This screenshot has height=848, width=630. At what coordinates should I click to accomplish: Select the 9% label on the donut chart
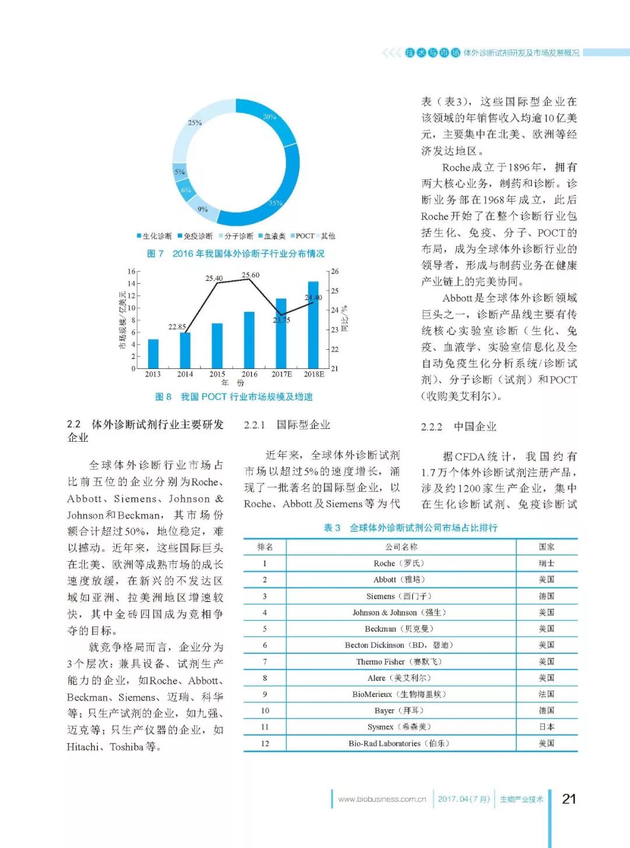[x=202, y=209]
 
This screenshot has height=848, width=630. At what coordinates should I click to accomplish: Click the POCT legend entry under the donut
[x=304, y=236]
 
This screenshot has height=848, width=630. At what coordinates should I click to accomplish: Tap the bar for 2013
[x=153, y=353]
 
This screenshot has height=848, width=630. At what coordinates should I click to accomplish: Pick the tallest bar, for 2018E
[x=313, y=325]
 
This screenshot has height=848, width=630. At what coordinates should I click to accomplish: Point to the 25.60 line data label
[x=251, y=275]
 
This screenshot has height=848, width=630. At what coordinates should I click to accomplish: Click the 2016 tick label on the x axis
[x=249, y=374]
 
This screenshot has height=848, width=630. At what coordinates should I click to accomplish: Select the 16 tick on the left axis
[x=131, y=272]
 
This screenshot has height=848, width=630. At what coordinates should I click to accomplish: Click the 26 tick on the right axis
[x=334, y=272]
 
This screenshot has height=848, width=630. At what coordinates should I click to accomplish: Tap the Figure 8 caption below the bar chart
[x=234, y=397]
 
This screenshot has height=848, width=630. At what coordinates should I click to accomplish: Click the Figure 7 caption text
[x=236, y=254]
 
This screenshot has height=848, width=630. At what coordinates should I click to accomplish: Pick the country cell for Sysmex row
[x=547, y=727]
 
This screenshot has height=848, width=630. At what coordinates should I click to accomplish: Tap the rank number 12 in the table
[x=265, y=743]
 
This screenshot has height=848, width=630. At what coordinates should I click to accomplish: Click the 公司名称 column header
[x=401, y=547]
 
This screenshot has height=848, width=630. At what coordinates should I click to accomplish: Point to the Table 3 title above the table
[x=410, y=527]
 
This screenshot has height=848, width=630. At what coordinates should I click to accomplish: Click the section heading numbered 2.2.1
[x=287, y=425]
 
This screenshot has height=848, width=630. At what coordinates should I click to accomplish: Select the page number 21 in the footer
[x=569, y=798]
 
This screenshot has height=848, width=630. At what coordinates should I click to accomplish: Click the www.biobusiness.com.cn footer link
[x=382, y=799]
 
